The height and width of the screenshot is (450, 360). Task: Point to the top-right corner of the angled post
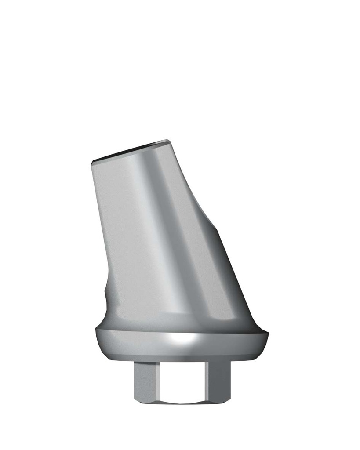point(168,141)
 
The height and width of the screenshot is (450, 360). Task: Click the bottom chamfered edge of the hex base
point(182,401)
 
